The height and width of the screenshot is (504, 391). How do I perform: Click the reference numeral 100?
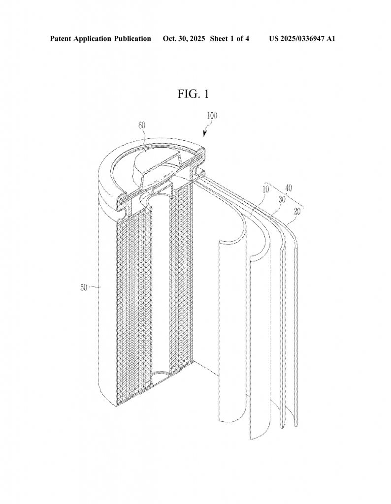[x=212, y=116]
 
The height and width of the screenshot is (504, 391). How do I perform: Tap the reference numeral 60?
[x=142, y=126]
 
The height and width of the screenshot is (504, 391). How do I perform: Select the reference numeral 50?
[x=84, y=287]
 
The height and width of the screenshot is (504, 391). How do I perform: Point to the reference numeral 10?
[x=265, y=189]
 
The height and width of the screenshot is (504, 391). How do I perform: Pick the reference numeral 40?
[x=289, y=188]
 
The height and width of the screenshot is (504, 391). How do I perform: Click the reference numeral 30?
[x=282, y=199]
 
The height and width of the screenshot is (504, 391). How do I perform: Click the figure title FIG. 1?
[x=193, y=94]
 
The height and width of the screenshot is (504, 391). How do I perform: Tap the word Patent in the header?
[x=61, y=39]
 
